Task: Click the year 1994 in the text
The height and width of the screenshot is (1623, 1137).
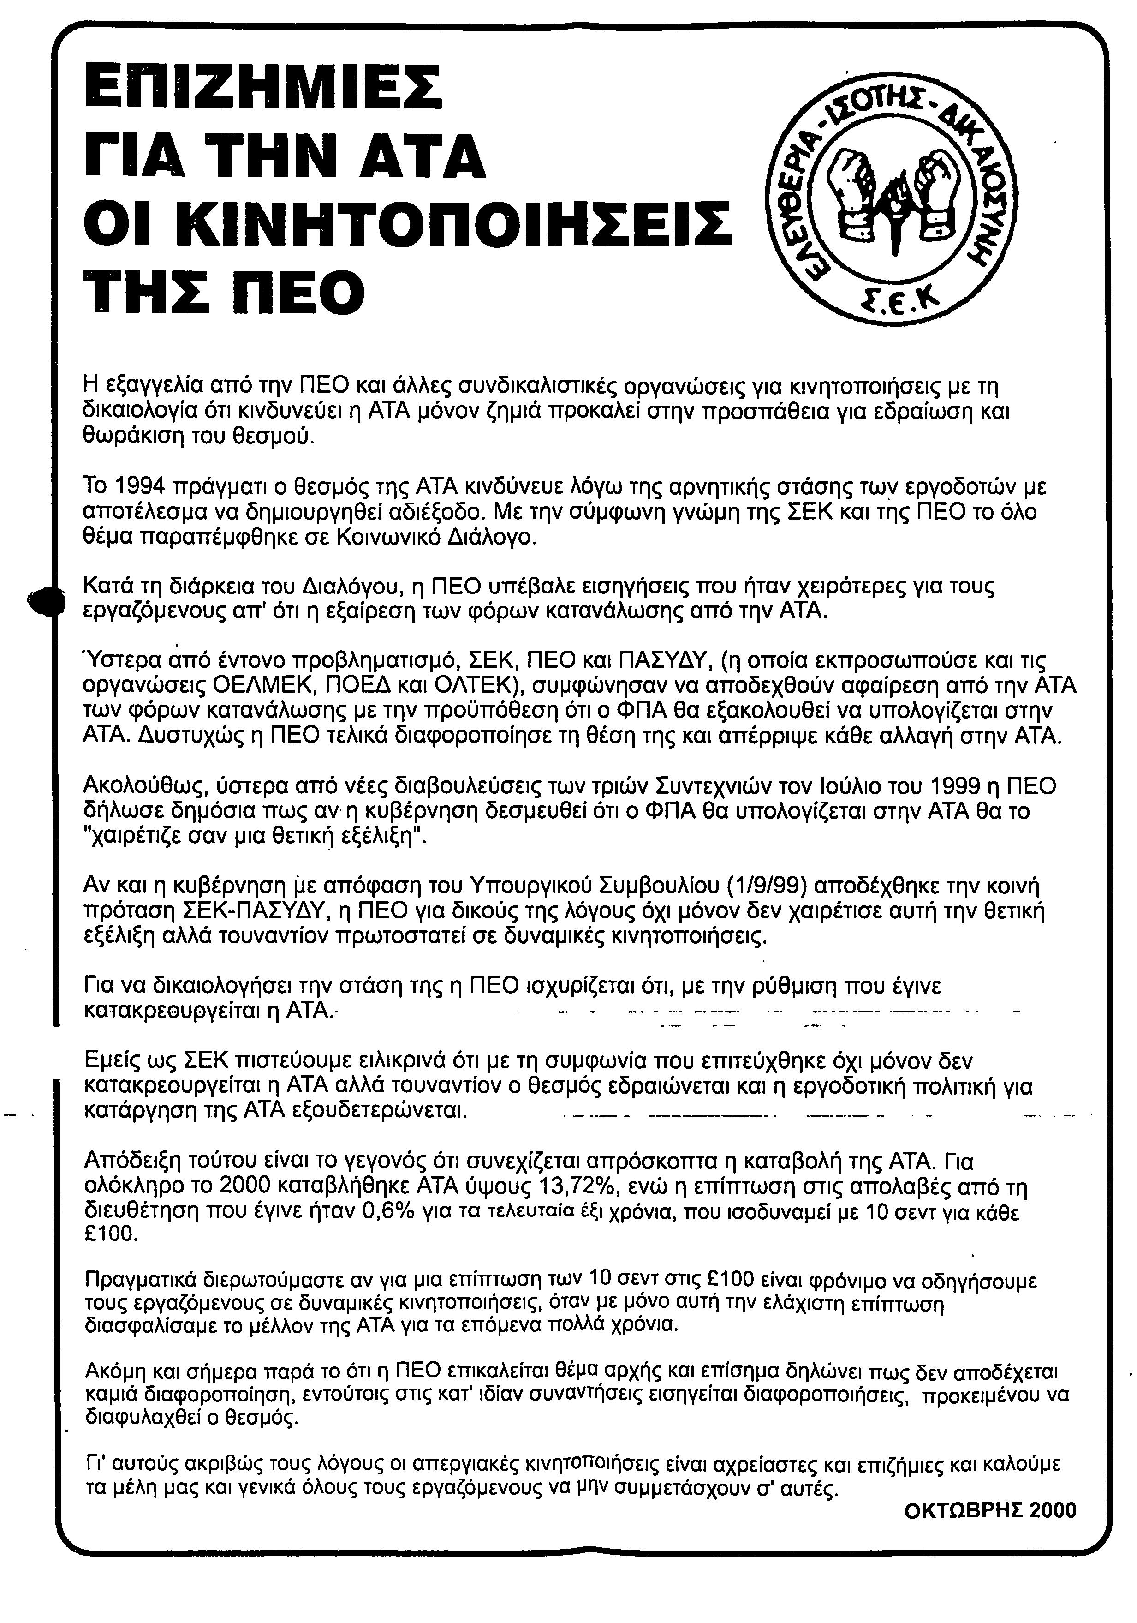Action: [x=140, y=486]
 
